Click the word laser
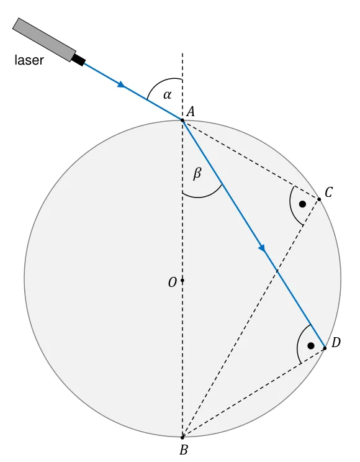29,60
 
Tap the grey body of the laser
44,40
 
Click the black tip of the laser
79,60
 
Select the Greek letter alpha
168,95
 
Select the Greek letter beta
197,173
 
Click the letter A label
191,112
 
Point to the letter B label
183,450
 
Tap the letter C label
328,192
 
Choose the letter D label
336,343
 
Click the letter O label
173,283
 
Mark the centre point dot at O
182,280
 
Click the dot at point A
182,120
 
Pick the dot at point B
182,437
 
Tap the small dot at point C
319,199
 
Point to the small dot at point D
325,348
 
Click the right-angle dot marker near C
302,204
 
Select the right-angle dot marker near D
311,346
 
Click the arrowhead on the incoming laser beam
121,84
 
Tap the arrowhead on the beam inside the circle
262,248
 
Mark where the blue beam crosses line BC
277,271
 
